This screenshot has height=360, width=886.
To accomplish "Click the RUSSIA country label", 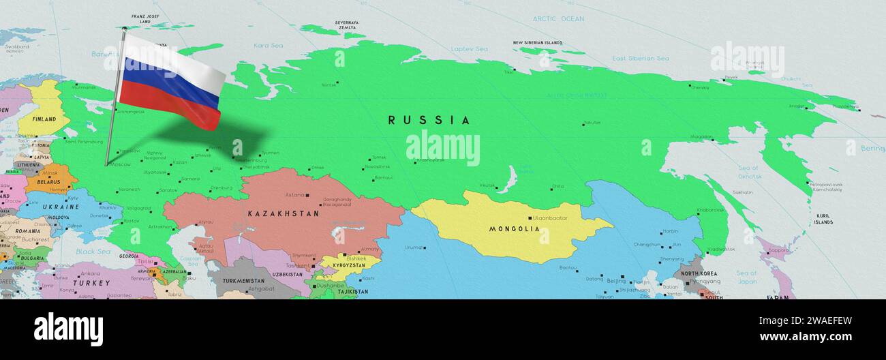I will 429,121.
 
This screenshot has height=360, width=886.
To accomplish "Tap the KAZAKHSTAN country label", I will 283,213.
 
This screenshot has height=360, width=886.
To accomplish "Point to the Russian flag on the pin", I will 171,82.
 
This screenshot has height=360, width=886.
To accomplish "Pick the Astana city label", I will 295,195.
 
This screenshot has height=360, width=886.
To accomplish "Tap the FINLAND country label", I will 44,119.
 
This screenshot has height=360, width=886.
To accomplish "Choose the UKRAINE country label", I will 62,207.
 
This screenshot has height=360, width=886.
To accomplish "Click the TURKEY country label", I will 91,283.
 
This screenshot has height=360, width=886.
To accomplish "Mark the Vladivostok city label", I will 720,250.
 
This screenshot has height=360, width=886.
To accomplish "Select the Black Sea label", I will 93,252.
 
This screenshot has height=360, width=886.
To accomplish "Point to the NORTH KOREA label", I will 699,274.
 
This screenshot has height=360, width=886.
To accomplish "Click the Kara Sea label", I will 268,46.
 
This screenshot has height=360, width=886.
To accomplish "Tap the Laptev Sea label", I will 469,49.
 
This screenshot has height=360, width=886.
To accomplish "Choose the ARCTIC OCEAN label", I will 558,18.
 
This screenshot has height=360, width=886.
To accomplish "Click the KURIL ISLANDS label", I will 823,219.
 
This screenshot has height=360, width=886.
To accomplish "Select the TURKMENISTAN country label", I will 243,281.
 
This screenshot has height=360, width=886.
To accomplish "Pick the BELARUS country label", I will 48,183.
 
